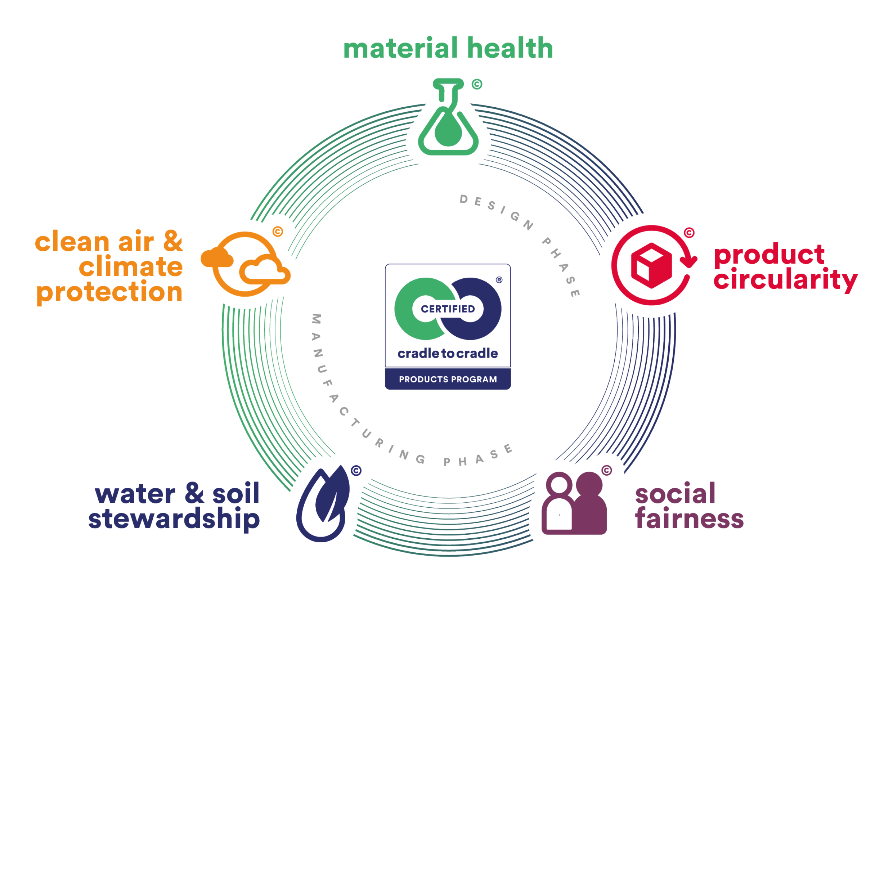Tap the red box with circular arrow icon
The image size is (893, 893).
point(653,265)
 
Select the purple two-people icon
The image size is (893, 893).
point(574,503)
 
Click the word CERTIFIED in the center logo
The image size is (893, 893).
point(448,309)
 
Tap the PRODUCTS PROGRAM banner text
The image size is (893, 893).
point(448,380)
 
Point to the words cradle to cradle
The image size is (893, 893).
point(448,354)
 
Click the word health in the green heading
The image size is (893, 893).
point(510,48)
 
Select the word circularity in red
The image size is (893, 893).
point(785,280)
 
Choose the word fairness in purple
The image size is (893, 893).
point(689,519)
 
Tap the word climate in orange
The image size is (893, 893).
point(131,267)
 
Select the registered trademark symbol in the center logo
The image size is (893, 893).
point(499,280)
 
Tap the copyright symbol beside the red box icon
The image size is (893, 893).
point(689,233)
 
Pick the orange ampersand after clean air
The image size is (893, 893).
point(173,241)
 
